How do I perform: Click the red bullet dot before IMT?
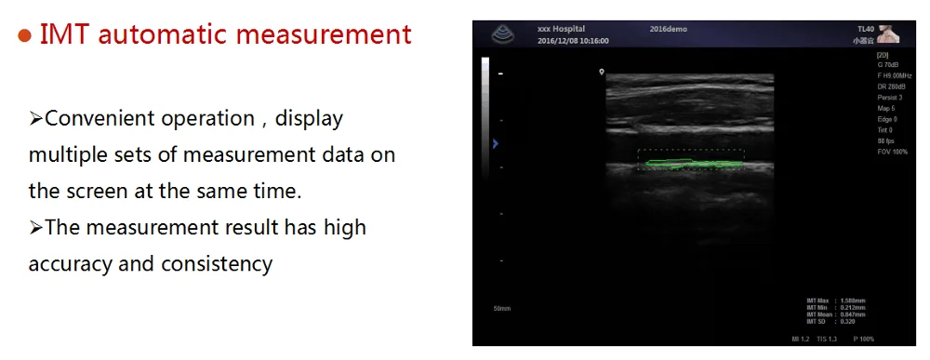(26, 35)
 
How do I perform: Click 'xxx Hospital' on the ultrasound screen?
(561, 30)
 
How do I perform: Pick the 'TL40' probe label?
(863, 30)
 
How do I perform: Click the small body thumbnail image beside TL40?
(890, 34)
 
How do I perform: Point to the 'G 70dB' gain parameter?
(888, 66)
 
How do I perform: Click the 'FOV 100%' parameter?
(893, 151)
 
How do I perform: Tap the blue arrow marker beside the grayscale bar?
(496, 143)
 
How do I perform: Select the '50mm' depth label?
(502, 308)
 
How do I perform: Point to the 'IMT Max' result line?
(836, 300)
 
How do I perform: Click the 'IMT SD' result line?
(832, 320)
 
